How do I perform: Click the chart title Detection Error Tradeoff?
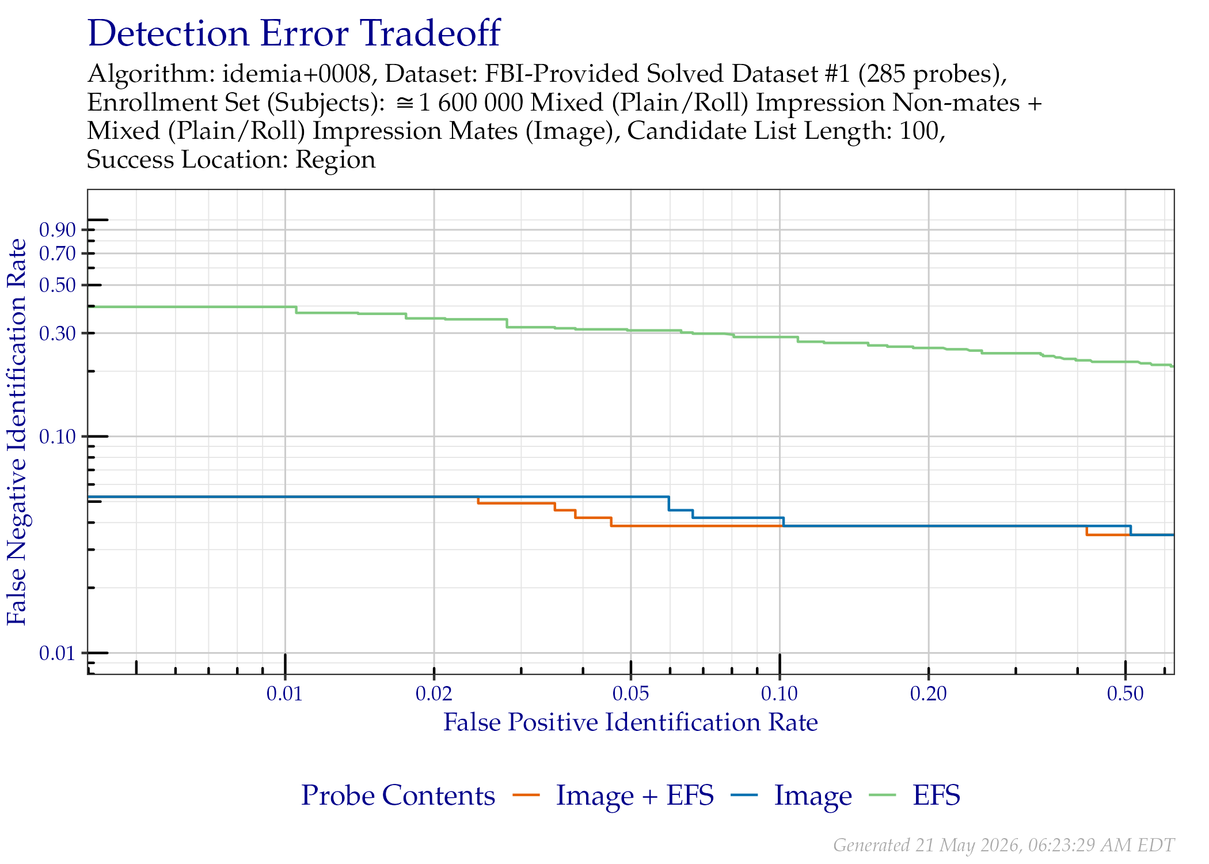[x=294, y=33]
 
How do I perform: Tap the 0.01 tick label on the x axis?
[x=284, y=694]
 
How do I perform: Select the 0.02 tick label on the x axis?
[x=434, y=694]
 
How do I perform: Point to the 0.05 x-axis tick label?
[x=631, y=694]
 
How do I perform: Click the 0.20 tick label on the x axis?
[x=929, y=694]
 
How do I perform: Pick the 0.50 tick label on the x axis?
[x=1126, y=694]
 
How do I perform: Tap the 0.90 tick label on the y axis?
[x=58, y=230]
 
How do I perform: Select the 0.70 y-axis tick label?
[x=58, y=253]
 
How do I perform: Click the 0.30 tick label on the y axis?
[x=58, y=334]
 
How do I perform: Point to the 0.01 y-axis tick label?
[x=58, y=653]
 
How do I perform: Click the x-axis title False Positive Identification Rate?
[x=630, y=722]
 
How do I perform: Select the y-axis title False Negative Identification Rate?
[x=17, y=432]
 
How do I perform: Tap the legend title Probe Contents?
[x=398, y=795]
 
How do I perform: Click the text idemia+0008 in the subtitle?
[x=296, y=74]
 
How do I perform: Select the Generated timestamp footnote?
[x=1003, y=845]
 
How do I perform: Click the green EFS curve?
[x=631, y=330]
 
